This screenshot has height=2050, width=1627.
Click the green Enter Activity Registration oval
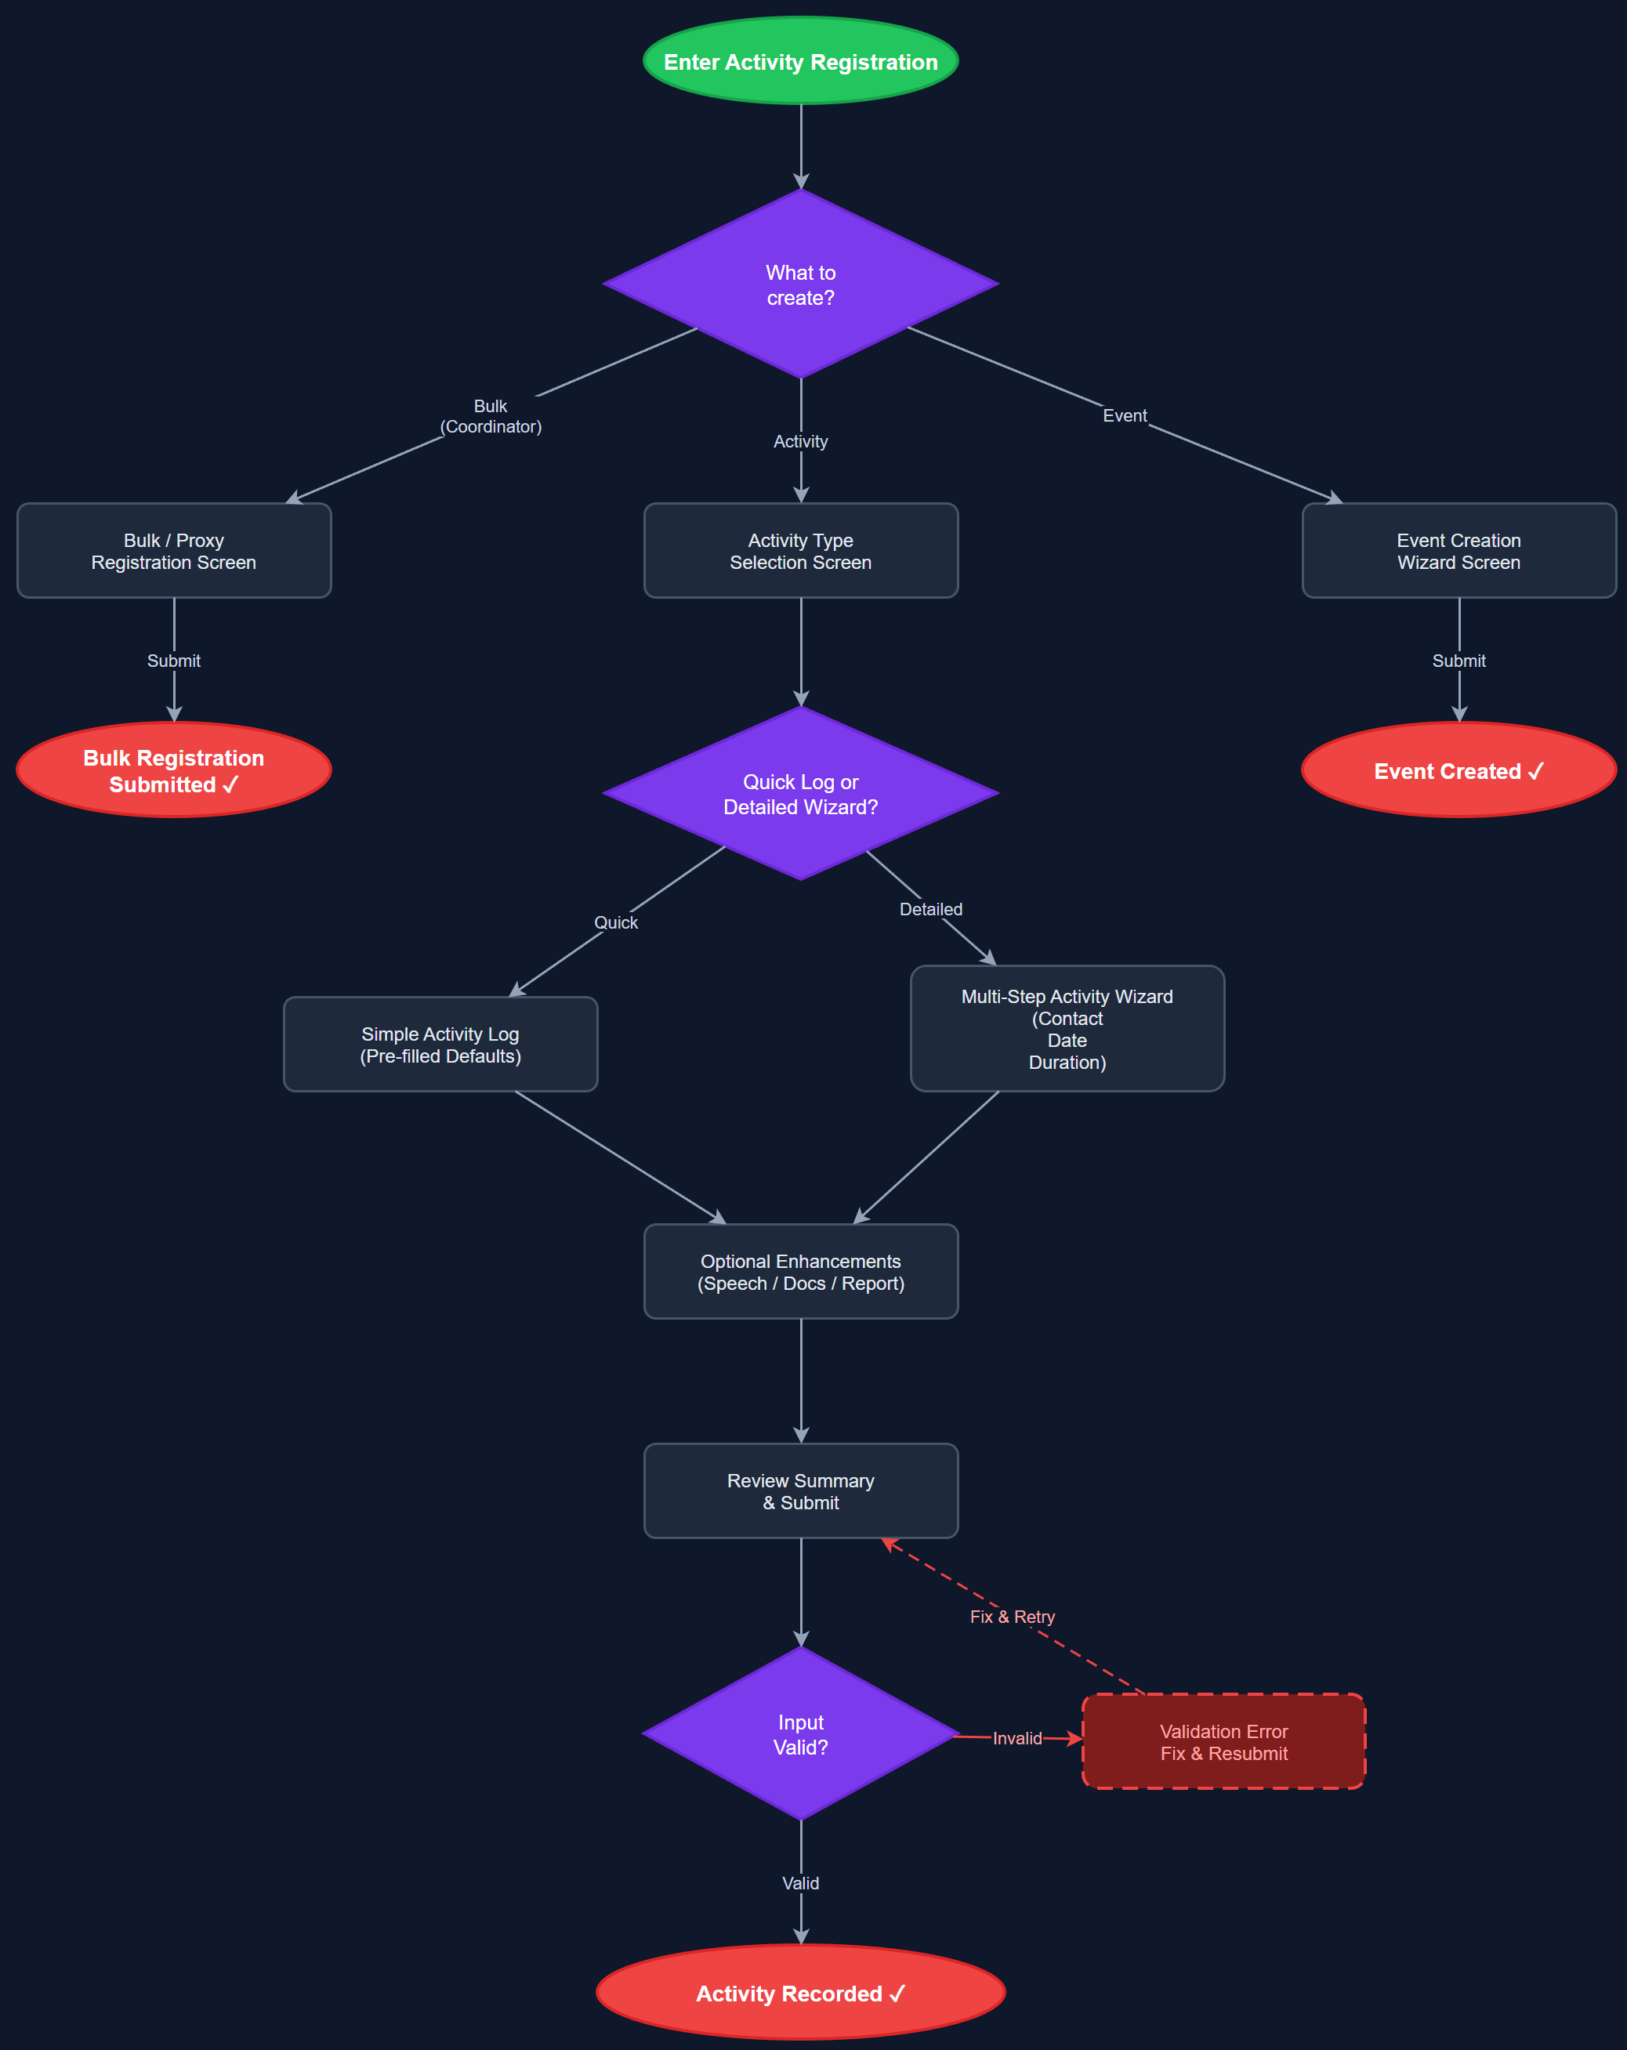pyautogui.click(x=801, y=61)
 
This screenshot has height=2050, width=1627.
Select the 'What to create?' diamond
pyautogui.click(x=801, y=284)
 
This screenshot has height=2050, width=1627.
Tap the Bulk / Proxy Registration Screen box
pyautogui.click(x=174, y=551)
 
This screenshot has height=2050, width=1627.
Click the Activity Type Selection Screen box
pyautogui.click(x=801, y=551)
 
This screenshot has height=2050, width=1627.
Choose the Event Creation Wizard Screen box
pyautogui.click(x=1459, y=551)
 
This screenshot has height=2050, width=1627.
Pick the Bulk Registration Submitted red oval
pyautogui.click(x=174, y=770)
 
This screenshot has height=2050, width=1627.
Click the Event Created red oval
pyautogui.click(x=1459, y=770)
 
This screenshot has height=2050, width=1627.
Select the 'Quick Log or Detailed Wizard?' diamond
pyautogui.click(x=801, y=794)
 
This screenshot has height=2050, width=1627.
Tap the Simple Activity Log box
pyautogui.click(x=440, y=1044)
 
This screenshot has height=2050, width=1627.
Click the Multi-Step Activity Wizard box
pyautogui.click(x=1067, y=1029)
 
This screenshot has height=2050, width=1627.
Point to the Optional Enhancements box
pyautogui.click(x=801, y=1271)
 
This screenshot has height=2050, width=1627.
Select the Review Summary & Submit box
pyautogui.click(x=801, y=1491)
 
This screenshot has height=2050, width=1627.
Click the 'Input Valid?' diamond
pyautogui.click(x=801, y=1734)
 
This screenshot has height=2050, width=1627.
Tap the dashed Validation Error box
pyautogui.click(x=1224, y=1742)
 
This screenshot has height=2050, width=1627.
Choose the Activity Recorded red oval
pyautogui.click(x=801, y=1993)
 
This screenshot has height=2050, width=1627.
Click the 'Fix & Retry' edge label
pyautogui.click(x=1012, y=1617)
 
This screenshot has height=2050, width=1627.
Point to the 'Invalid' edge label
pyautogui.click(x=1016, y=1738)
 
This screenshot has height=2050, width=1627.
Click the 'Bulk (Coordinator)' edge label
pyautogui.click(x=491, y=416)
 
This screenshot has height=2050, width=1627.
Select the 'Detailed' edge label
pyautogui.click(x=931, y=909)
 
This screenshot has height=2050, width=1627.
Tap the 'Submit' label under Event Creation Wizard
pyautogui.click(x=1459, y=661)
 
